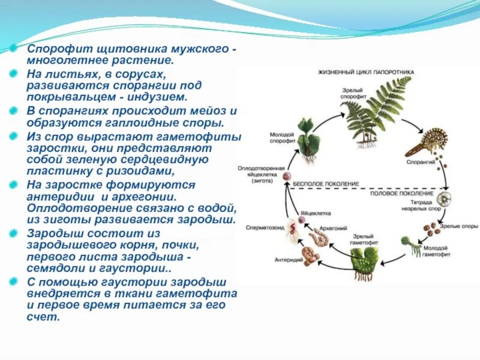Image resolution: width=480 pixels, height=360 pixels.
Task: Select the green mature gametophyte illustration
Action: point(365,259)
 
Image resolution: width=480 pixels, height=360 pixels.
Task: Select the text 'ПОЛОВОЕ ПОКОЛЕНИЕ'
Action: point(401,193)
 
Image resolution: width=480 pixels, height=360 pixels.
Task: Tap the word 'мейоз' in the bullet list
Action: point(209,112)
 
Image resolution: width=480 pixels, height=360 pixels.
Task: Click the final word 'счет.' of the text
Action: point(43,316)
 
